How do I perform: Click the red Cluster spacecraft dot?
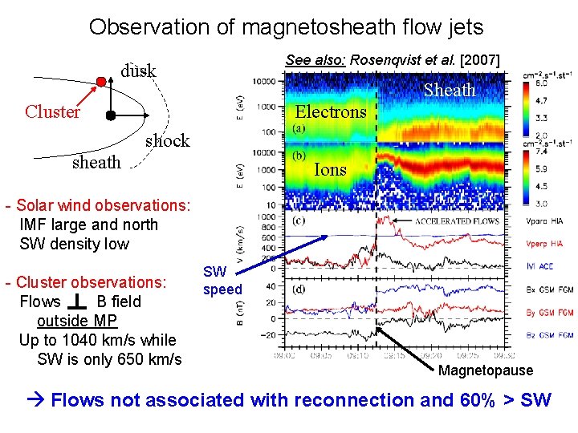click(101, 82)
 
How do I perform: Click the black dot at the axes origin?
click(111, 115)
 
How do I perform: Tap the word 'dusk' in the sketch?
click(138, 71)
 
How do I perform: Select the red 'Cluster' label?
click(52, 111)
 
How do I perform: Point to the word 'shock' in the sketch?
click(167, 140)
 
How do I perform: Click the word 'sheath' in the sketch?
click(96, 162)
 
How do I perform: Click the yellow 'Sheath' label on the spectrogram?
click(450, 90)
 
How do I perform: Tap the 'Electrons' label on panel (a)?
click(332, 111)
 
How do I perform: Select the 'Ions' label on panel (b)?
click(330, 169)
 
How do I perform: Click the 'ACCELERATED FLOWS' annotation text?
click(458, 221)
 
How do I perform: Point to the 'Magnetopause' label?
click(486, 370)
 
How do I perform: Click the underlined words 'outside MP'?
click(77, 321)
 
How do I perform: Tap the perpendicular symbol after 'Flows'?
click(78, 301)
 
